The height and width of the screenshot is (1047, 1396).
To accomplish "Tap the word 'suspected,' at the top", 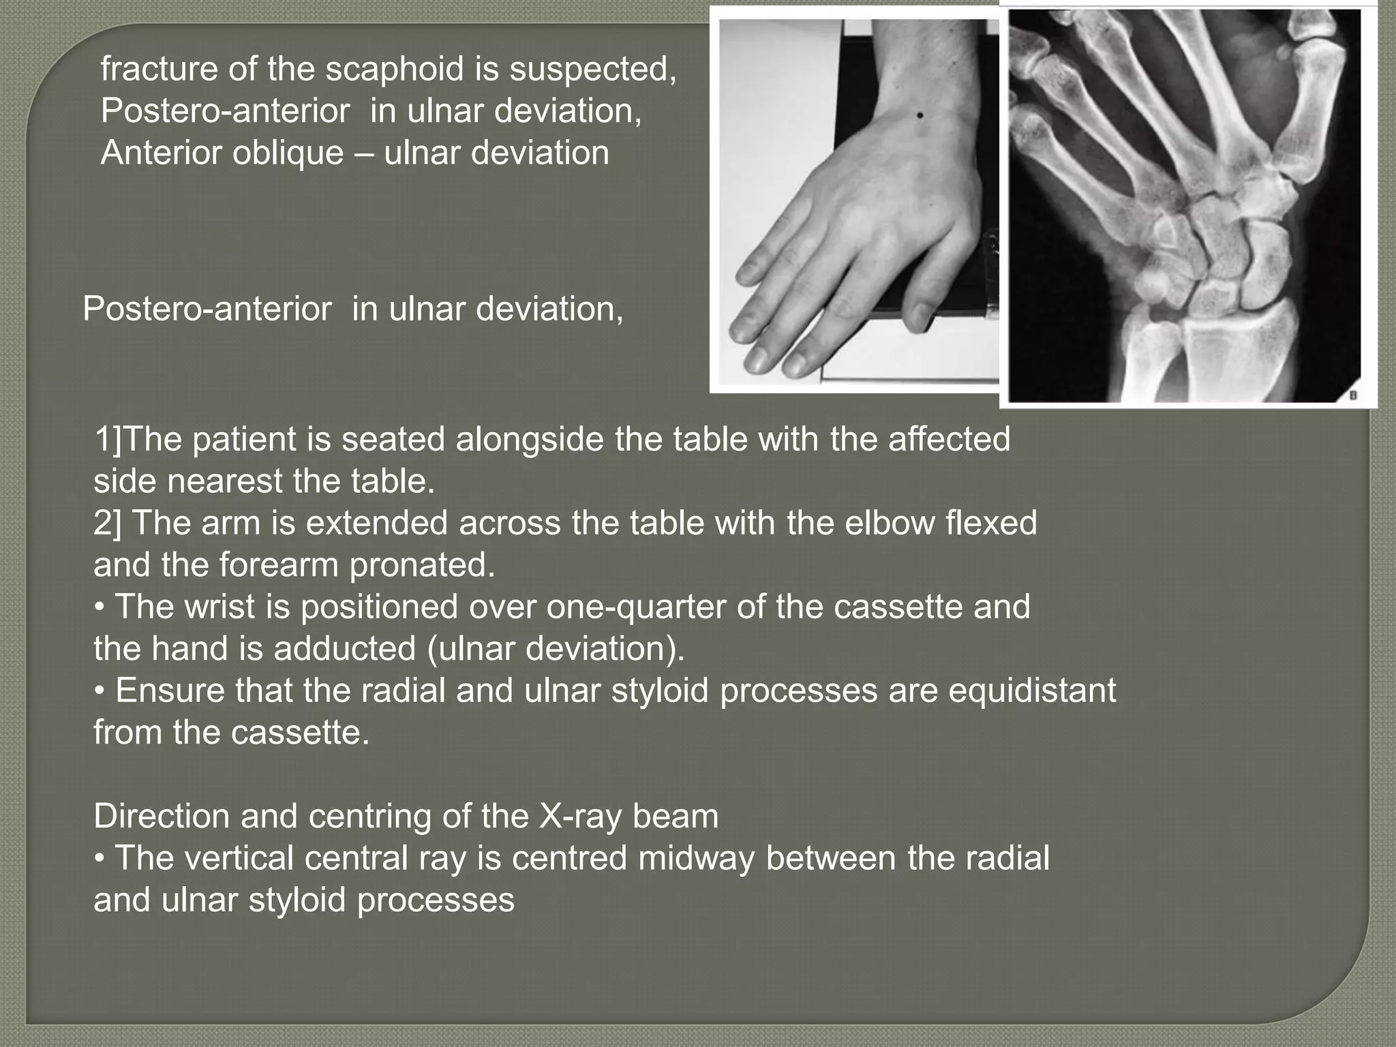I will (x=592, y=69).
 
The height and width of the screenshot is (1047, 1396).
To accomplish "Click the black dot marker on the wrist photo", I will (x=920, y=116).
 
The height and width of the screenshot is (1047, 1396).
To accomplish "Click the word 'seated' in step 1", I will (x=395, y=439).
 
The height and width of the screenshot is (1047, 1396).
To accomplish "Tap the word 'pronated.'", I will (x=422, y=564).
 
